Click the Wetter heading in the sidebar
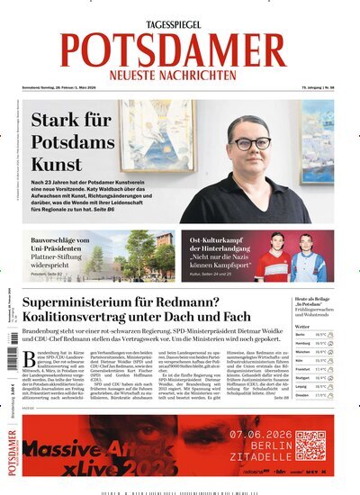point(301,326)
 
